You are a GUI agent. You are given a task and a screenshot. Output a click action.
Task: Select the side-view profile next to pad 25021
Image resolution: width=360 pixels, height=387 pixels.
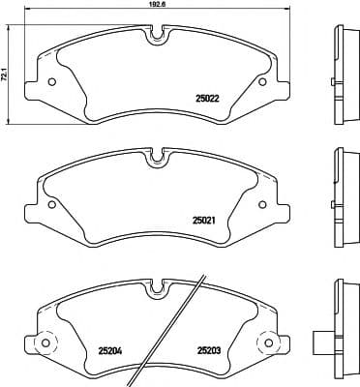pyautogui.click(x=341, y=193)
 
